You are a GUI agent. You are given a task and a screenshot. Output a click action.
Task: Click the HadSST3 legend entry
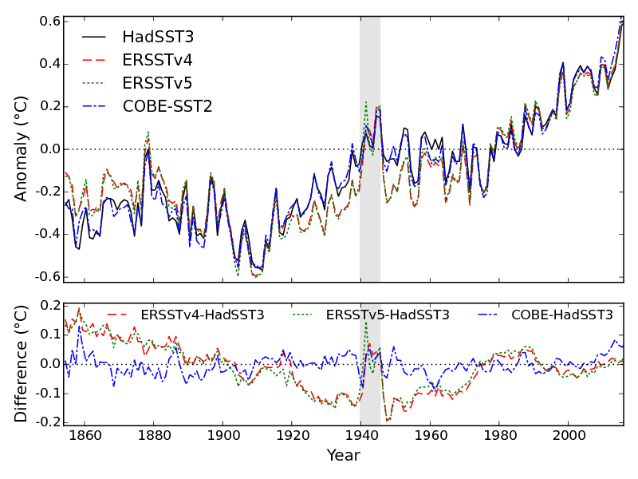[x=157, y=38]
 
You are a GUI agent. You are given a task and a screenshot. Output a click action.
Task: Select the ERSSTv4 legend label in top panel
[x=157, y=61]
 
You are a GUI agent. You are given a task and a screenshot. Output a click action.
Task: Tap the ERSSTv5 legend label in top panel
[x=157, y=83]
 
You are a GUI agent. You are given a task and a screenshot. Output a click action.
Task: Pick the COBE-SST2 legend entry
[x=167, y=106]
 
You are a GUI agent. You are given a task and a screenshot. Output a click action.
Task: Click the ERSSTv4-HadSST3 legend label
[x=202, y=315]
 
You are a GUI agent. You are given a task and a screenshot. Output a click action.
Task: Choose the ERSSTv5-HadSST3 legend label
[x=388, y=315]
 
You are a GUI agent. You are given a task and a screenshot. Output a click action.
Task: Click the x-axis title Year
[x=343, y=456]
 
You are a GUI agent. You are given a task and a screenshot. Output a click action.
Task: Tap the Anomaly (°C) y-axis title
[x=22, y=149]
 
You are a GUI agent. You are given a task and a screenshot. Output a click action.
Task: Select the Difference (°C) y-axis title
[x=22, y=364]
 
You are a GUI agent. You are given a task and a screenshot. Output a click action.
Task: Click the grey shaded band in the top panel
[x=370, y=200]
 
